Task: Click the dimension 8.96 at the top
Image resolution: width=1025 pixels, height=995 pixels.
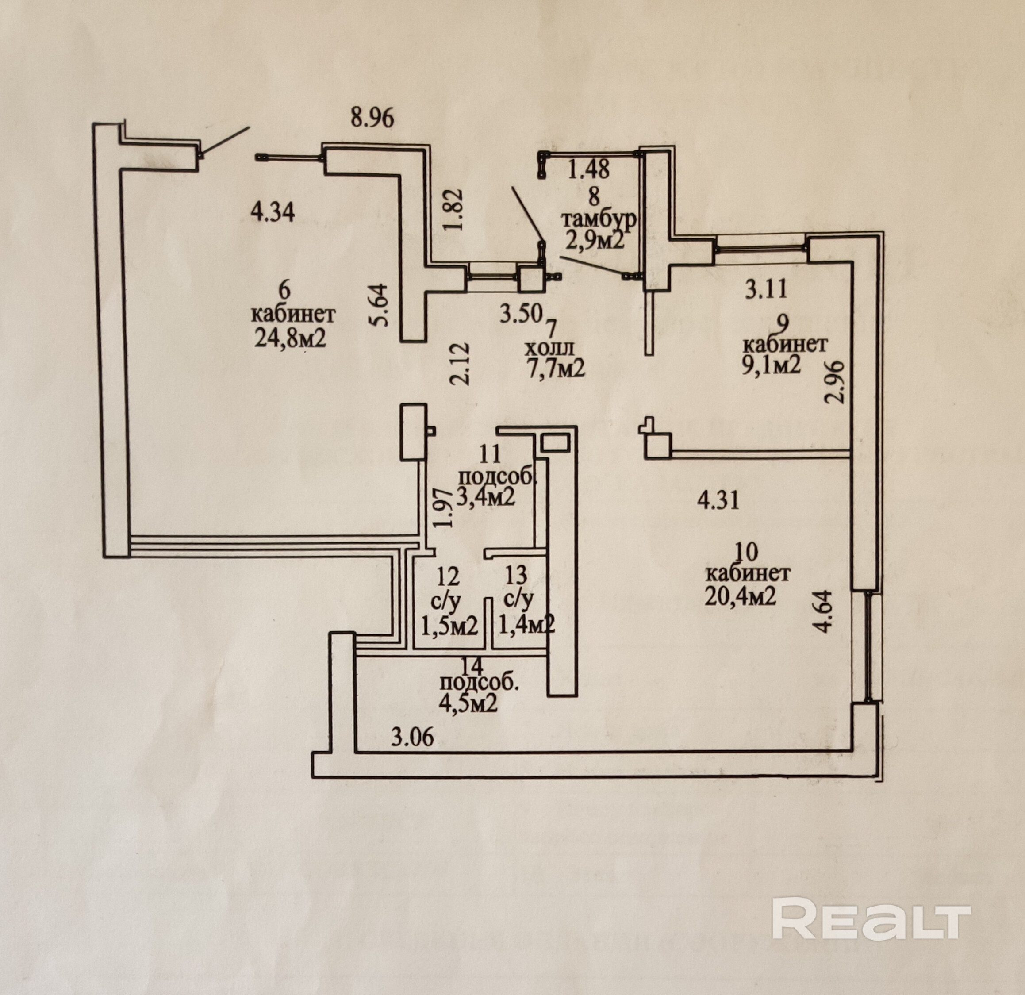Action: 372,118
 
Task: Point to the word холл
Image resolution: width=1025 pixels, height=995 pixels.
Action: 549,348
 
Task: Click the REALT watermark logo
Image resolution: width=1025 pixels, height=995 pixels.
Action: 871,918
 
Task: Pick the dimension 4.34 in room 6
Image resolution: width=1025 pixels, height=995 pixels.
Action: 273,212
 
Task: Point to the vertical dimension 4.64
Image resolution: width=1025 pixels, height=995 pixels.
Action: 824,611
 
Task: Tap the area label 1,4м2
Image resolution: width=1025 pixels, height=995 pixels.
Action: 526,625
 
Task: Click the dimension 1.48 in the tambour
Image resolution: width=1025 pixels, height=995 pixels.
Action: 589,169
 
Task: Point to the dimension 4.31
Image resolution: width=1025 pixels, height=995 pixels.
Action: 718,501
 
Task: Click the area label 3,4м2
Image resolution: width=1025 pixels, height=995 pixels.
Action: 486,496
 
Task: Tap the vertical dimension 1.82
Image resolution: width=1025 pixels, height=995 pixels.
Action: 453,209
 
